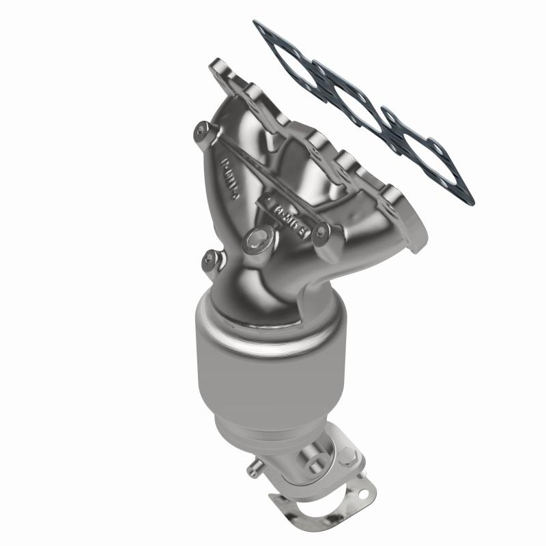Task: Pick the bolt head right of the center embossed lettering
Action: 324,233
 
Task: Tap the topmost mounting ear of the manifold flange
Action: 220,69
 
